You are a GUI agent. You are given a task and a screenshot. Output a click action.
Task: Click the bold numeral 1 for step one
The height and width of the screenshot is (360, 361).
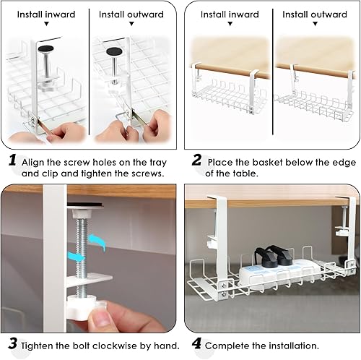coord(12,160)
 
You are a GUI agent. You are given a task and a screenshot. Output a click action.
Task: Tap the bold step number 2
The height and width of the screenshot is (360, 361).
coord(196,160)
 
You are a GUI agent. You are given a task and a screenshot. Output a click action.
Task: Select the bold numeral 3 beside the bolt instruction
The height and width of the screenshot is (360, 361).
coord(13,343)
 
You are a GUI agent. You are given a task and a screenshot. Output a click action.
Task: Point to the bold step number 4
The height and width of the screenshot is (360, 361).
coord(196,343)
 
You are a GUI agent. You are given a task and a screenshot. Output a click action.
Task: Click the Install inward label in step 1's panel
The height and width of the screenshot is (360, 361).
coord(46,14)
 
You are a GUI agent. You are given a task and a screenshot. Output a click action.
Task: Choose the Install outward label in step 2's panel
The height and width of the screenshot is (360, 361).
coord(315,14)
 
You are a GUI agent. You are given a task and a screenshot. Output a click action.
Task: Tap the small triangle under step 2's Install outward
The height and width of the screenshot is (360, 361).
coord(315,24)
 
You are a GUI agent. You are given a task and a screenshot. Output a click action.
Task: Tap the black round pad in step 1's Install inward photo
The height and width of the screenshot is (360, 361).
coord(45,48)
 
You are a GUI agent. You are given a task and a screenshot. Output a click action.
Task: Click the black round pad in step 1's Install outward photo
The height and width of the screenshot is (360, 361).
coord(115,51)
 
